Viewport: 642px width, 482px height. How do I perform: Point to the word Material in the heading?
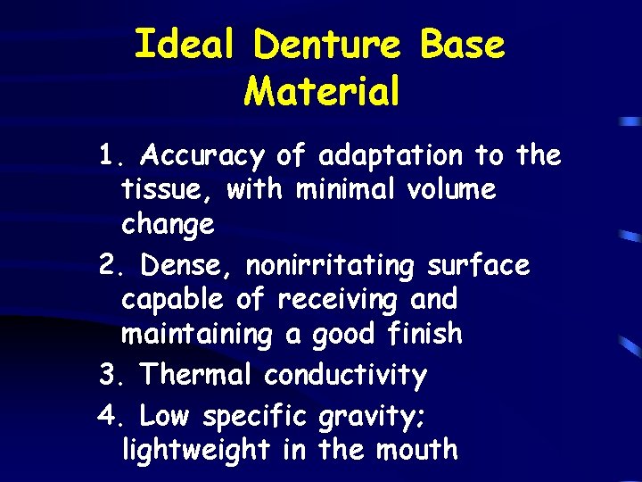click(x=322, y=91)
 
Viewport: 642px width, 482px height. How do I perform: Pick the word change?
click(x=168, y=225)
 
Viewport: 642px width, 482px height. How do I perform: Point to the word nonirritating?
click(x=331, y=266)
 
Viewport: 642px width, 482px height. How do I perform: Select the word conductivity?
click(x=345, y=375)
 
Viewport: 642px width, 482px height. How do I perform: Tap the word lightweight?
click(x=195, y=450)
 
